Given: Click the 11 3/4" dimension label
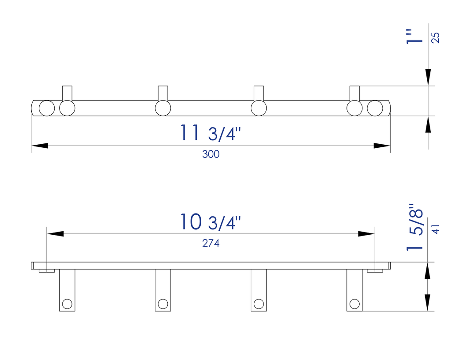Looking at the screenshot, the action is [211, 133].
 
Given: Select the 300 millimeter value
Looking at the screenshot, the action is [211, 154].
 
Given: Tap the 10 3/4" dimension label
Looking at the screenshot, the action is [211, 222].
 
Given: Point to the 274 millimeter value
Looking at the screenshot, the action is [211, 244].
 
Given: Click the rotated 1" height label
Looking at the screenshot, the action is [414, 37].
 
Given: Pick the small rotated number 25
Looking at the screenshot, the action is [435, 38].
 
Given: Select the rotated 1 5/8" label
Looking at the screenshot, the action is [414, 228].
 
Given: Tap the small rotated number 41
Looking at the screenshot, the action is [436, 229].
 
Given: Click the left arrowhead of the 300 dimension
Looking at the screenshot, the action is [40, 146].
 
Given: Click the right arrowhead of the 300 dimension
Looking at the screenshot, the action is [382, 146].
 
